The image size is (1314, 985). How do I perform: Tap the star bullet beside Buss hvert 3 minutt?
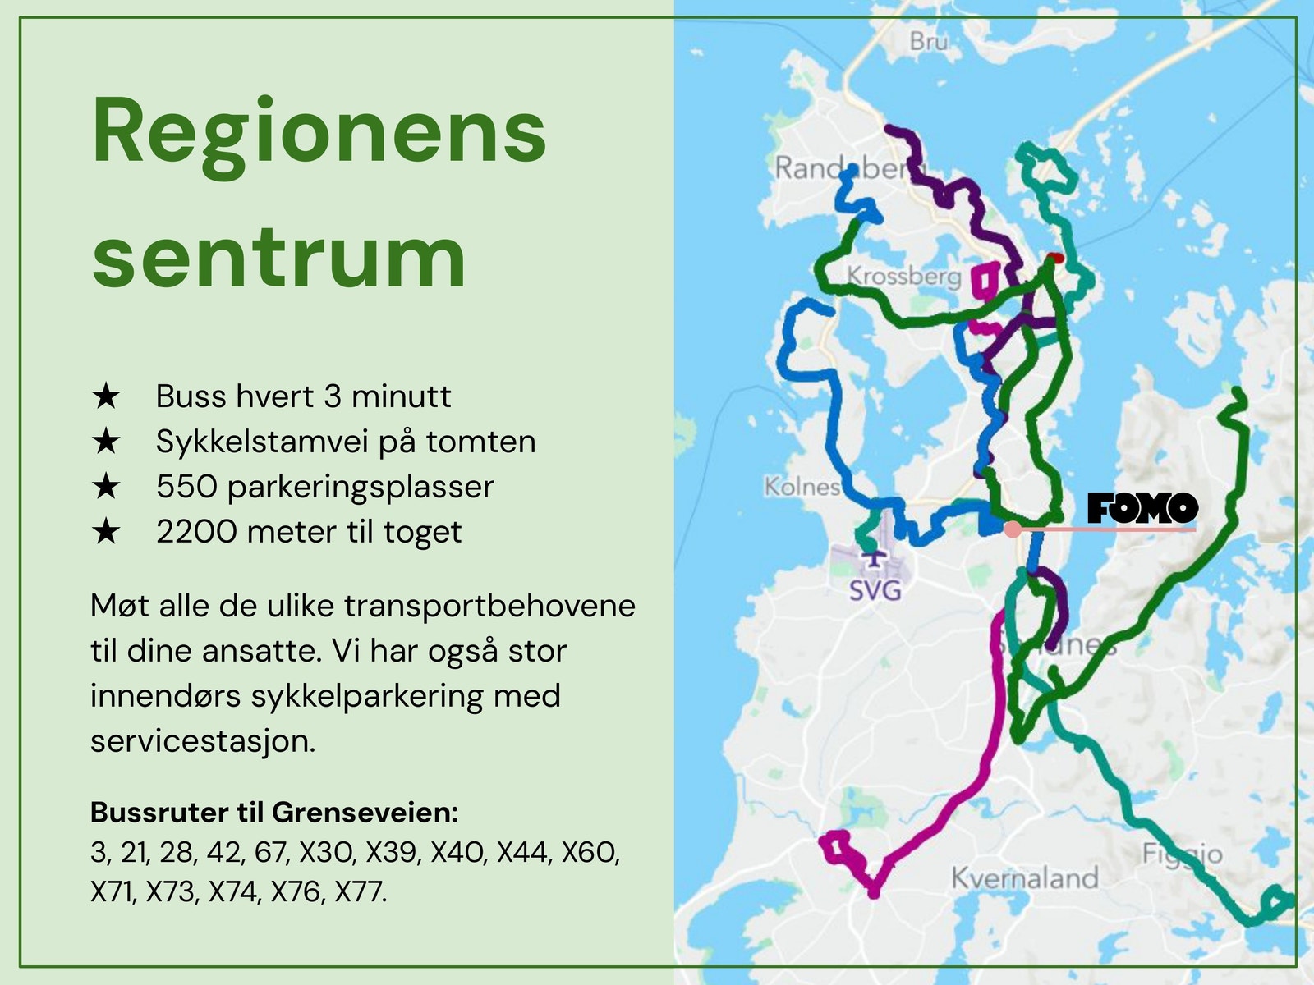click(107, 396)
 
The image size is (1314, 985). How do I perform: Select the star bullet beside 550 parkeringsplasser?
click(107, 487)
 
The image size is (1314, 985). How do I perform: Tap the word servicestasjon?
click(202, 741)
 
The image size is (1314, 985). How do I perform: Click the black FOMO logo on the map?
click(1142, 508)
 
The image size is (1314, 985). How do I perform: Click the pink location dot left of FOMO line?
click(1013, 529)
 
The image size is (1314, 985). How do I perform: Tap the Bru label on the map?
click(929, 41)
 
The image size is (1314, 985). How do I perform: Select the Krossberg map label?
click(903, 276)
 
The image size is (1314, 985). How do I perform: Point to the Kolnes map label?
click(802, 487)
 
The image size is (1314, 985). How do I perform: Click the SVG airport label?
click(875, 589)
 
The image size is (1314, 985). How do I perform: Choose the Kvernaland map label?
click(1024, 878)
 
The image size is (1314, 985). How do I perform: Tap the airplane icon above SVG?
click(874, 557)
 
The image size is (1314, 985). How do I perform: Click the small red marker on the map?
click(1056, 258)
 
